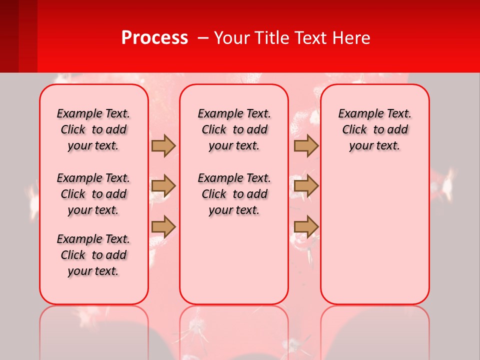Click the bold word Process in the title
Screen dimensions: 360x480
154,38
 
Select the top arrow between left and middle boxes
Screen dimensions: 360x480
163,145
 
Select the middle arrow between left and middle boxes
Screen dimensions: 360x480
163,186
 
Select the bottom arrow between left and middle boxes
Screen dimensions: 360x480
163,227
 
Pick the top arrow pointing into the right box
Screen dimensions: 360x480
306,145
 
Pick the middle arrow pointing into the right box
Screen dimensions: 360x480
306,186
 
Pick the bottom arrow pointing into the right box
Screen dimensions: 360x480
306,227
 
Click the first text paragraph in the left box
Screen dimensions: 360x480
93,129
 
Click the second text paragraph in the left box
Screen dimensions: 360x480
93,194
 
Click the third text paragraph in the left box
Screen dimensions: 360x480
93,255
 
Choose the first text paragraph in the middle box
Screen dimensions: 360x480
234,129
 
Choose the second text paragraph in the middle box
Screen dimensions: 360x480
234,194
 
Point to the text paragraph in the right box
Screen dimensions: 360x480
375,129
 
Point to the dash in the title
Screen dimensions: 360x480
203,38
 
